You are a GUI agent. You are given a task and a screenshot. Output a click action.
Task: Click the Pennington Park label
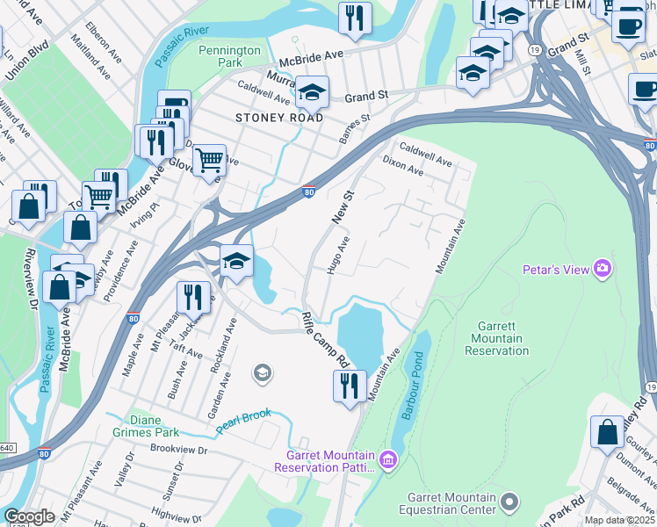[x=230, y=57]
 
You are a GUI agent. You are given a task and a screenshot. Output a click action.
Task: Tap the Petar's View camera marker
[x=603, y=268]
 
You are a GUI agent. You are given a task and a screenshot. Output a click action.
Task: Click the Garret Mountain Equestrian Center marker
[x=509, y=502]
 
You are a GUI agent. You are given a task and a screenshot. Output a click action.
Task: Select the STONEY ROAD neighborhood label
[x=278, y=118]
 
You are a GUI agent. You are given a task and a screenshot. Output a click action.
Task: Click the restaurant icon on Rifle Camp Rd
[x=350, y=386]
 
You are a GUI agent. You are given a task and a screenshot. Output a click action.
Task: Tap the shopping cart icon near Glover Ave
[x=209, y=161]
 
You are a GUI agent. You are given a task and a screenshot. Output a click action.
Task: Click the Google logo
[x=29, y=516]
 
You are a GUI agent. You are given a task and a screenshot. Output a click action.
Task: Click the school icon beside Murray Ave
[x=312, y=91]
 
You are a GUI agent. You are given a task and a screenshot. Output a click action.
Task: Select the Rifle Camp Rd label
[x=325, y=339]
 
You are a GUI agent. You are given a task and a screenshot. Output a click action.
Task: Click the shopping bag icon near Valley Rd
[x=607, y=432]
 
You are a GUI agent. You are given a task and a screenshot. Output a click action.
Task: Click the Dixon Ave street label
[x=403, y=166]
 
